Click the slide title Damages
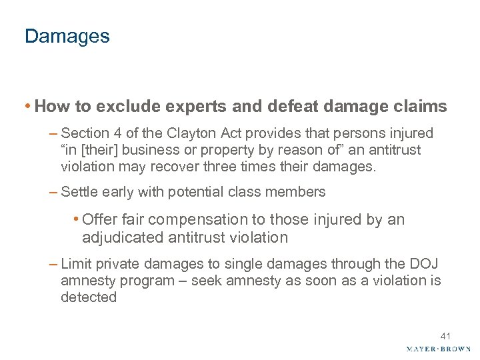tap(67, 36)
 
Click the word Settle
tap(79, 192)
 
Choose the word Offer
tap(100, 220)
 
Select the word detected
tap(88, 297)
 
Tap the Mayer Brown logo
tap(439, 349)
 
